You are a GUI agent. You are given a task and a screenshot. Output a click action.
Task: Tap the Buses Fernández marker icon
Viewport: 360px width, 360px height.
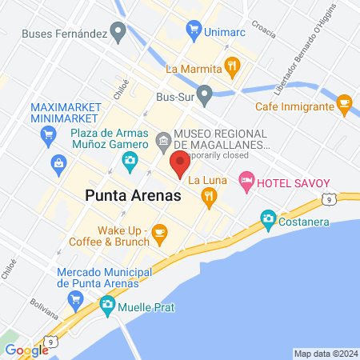[x=119, y=33]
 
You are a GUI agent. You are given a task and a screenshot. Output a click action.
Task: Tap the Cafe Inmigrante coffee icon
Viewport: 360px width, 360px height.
[x=345, y=104]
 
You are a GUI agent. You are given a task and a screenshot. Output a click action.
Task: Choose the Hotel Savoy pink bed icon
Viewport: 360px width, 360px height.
[x=246, y=182]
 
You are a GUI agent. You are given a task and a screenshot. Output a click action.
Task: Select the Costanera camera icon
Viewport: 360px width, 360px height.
[x=269, y=218]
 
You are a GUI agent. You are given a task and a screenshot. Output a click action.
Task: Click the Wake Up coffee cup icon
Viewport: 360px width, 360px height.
[x=160, y=234]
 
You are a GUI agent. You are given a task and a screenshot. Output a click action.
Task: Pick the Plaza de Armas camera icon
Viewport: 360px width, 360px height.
[x=130, y=162]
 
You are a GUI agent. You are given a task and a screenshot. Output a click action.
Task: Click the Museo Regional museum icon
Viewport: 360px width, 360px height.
[x=163, y=143]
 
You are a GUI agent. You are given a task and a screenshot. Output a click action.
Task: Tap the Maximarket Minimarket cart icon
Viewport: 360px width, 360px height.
[x=50, y=134]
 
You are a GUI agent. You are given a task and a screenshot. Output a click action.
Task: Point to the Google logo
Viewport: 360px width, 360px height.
[x=27, y=350]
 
